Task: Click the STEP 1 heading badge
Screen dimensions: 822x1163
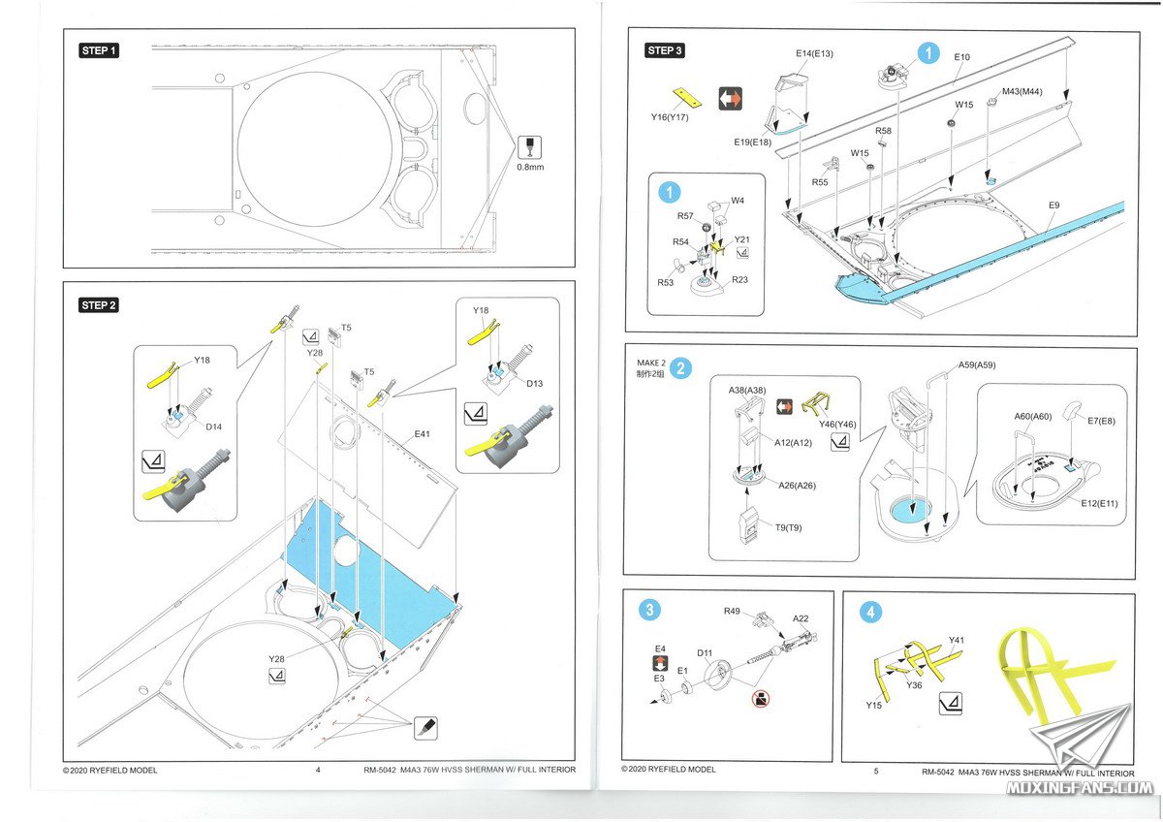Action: click(x=99, y=50)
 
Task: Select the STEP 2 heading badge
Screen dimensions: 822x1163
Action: click(x=99, y=305)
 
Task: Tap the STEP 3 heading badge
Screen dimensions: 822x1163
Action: click(x=666, y=50)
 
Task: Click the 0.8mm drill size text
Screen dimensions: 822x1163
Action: click(x=529, y=167)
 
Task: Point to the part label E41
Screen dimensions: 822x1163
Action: click(x=423, y=433)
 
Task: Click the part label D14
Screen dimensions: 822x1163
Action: click(x=214, y=427)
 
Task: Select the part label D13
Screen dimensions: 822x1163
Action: click(x=535, y=383)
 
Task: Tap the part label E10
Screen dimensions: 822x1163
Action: click(x=961, y=58)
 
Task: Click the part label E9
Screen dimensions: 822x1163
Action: click(x=1053, y=205)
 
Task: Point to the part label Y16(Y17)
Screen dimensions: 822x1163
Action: click(x=670, y=117)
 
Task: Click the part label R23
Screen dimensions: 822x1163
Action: click(x=740, y=279)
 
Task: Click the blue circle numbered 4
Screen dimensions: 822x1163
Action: click(x=872, y=612)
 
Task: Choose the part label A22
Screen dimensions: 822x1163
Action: click(x=801, y=618)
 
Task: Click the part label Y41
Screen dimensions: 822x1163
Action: click(x=958, y=640)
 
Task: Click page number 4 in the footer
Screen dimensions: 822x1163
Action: click(x=318, y=771)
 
